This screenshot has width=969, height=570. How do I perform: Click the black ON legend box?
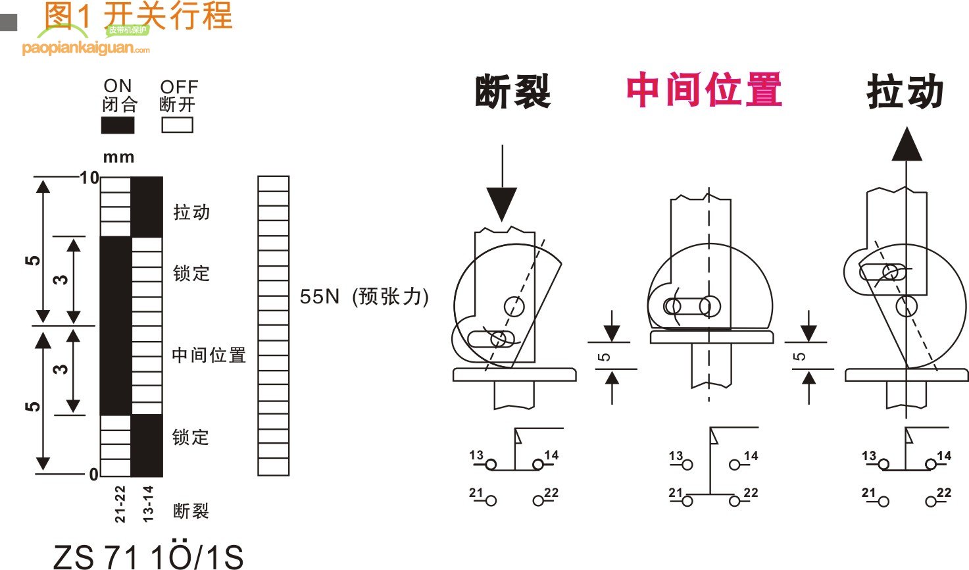tap(118, 125)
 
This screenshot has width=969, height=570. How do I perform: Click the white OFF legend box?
tap(177, 125)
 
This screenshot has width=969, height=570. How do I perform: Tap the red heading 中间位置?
tap(703, 90)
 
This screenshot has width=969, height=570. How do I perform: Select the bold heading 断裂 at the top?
tap(512, 91)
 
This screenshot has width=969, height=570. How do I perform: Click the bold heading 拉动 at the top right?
tap(905, 91)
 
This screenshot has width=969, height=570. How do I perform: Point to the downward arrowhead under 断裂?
tap(502, 203)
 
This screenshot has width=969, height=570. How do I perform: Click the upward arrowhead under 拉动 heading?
tap(907, 145)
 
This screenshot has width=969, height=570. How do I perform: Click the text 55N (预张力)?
tap(364, 297)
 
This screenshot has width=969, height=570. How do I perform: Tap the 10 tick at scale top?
tap(89, 178)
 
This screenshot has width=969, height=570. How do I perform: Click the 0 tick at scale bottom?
tap(93, 474)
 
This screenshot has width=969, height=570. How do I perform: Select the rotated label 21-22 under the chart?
tap(120, 504)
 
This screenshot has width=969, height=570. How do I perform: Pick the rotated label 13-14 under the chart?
tap(148, 504)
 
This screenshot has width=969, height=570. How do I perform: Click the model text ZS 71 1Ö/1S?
tap(148, 557)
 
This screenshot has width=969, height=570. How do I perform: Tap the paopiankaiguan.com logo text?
tap(86, 49)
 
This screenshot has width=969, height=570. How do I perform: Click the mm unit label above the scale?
tap(118, 157)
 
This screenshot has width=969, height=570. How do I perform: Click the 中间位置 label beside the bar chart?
tap(209, 355)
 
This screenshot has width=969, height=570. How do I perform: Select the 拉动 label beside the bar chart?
tap(191, 212)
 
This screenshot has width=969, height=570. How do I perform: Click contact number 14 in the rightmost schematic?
tap(944, 455)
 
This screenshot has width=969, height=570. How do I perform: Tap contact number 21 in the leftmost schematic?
tap(476, 492)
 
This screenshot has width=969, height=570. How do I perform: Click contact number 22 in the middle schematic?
tap(751, 492)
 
